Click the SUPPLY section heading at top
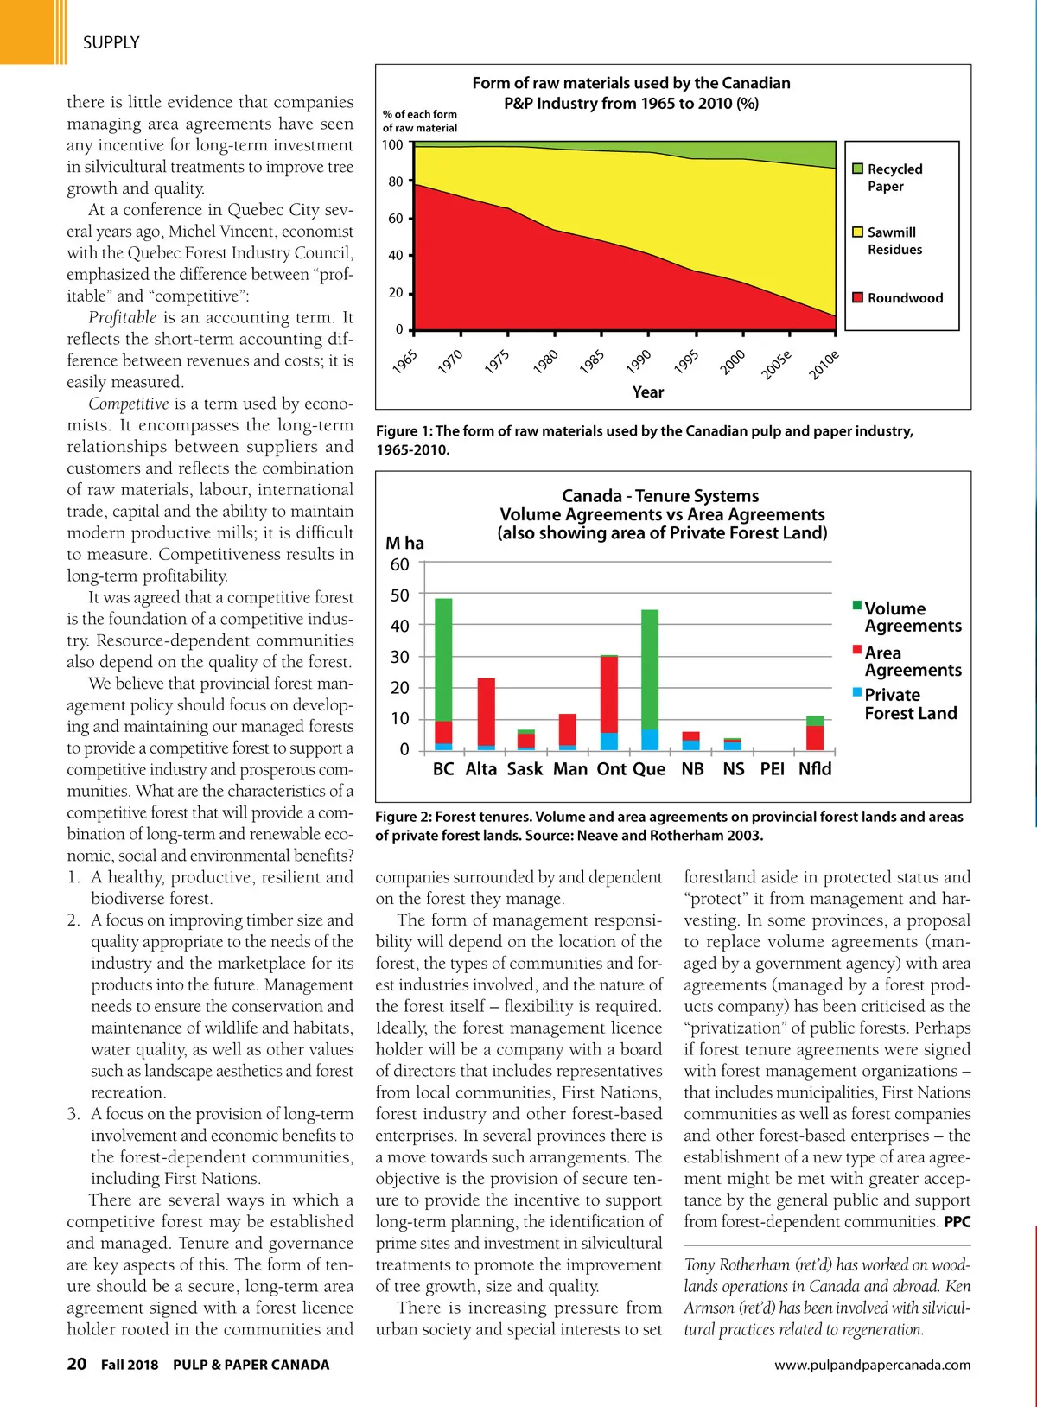(111, 42)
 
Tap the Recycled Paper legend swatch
(858, 169)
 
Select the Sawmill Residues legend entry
(894, 241)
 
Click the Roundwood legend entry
(904, 298)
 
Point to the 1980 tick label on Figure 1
(545, 362)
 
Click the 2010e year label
(824, 366)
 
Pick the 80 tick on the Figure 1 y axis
(396, 181)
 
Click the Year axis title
(648, 392)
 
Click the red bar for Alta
(487, 710)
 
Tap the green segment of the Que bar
(650, 669)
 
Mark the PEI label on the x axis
(772, 769)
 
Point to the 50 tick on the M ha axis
(400, 595)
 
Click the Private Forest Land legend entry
(909, 704)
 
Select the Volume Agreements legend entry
(912, 617)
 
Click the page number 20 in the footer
(77, 1364)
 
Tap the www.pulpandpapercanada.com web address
(872, 1365)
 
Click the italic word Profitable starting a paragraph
(123, 317)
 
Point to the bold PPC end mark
(957, 1222)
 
